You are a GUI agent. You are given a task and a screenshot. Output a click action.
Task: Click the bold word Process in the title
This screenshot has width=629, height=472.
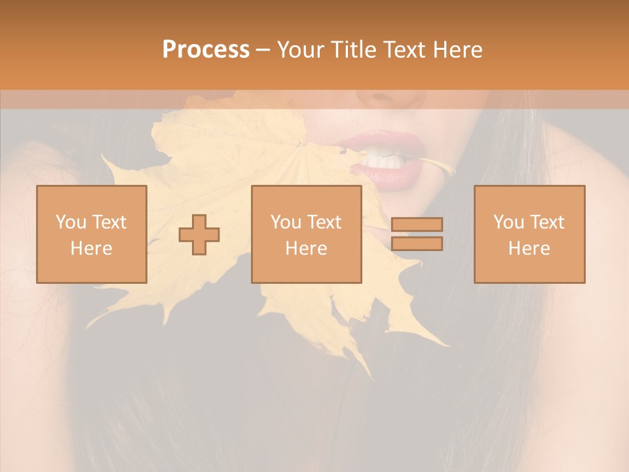[x=206, y=50]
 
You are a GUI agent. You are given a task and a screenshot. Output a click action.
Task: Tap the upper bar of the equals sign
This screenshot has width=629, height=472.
[x=417, y=224]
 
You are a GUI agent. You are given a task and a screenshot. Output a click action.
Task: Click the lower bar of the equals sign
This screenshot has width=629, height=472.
[x=417, y=243]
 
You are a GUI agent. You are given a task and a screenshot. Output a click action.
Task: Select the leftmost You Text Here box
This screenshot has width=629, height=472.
[x=92, y=234]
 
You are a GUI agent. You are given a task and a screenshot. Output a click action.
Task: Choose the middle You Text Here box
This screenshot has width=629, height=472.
[x=306, y=234]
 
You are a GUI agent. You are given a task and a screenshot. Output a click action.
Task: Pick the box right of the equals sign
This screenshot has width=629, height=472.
[x=529, y=234]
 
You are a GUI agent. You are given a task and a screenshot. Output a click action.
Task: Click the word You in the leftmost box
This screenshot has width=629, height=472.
[x=70, y=222]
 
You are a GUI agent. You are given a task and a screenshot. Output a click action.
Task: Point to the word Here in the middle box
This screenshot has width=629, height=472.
[x=306, y=248]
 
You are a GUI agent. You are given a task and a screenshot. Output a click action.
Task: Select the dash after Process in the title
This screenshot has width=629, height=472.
[x=263, y=50]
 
